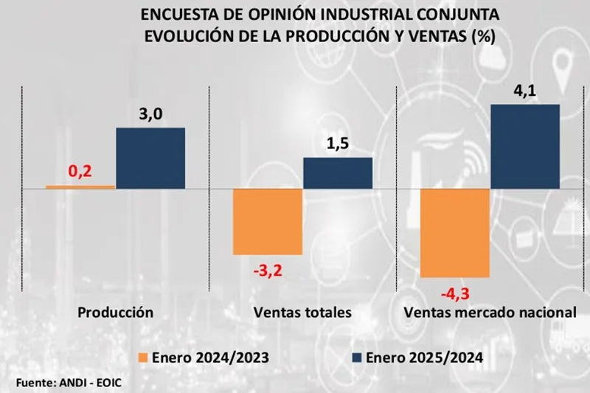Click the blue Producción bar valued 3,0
[x=150, y=159]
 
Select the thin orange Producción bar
[x=80, y=187]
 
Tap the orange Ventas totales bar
[x=268, y=222]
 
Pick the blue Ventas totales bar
[x=338, y=173]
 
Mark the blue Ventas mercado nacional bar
[x=524, y=147]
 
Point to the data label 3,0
[x=150, y=115]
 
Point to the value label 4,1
[x=524, y=91]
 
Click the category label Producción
[x=116, y=313]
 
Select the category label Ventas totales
[x=302, y=313]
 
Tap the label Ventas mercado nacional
[x=489, y=313]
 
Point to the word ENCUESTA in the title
[x=176, y=15]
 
